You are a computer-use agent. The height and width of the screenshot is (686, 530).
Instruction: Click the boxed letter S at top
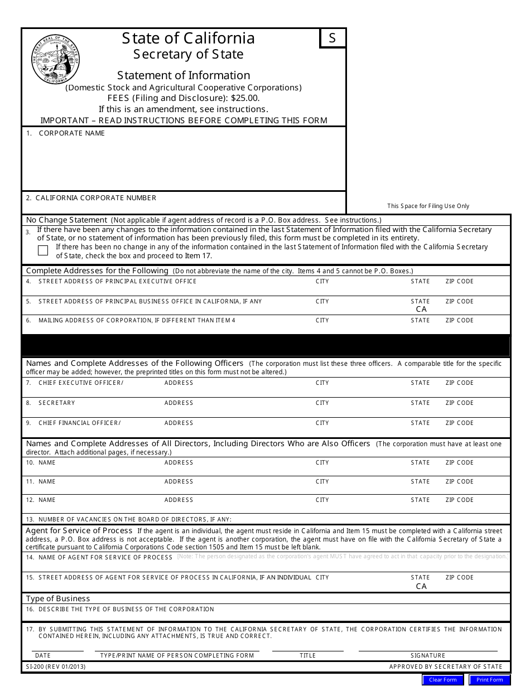pyautogui.click(x=333, y=38)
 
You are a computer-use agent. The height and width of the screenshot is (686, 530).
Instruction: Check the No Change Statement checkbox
pyautogui.click(x=43, y=250)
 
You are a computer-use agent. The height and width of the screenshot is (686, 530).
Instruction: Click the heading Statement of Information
pyautogui.click(x=184, y=75)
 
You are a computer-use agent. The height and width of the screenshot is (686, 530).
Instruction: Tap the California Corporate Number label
pyautogui.click(x=95, y=198)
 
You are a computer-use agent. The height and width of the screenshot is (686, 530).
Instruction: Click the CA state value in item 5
pyautogui.click(x=421, y=309)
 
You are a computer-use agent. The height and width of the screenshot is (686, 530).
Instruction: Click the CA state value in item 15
pyautogui.click(x=421, y=586)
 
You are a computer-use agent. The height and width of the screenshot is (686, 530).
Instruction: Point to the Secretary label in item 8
pyautogui.click(x=56, y=403)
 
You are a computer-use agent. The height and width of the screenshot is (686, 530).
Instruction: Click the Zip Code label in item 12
pyautogui.click(x=459, y=500)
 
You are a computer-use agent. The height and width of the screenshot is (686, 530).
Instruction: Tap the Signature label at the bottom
pyautogui.click(x=428, y=655)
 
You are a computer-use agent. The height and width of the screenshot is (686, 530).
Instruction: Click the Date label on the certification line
pyautogui.click(x=42, y=655)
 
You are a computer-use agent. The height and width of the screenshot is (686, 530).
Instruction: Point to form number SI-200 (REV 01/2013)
pyautogui.click(x=56, y=666)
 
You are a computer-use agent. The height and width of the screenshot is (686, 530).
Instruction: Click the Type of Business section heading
pyautogui.click(x=58, y=598)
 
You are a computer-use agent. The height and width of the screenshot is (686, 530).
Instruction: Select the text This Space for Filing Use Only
pyautogui.click(x=428, y=206)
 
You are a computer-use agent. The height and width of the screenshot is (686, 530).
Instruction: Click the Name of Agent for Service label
pyautogui.click(x=105, y=557)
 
